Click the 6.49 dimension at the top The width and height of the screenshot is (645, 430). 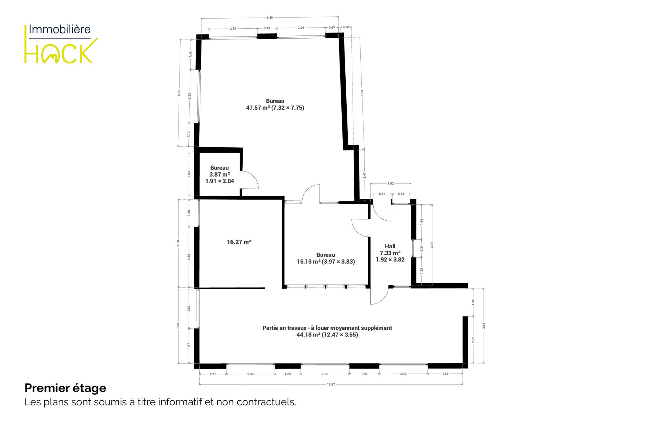tap(270, 18)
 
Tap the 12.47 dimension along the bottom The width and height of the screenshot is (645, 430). tap(331, 384)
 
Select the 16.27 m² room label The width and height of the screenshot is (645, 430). tap(239, 242)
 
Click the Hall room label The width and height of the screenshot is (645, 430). tap(390, 246)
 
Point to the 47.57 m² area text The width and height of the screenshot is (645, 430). tap(258, 107)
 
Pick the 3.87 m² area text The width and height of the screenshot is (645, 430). tap(219, 175)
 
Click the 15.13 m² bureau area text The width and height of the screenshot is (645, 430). tap(309, 262)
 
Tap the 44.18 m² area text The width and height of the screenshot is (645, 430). tap(308, 335)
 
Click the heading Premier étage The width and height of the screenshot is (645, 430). tap(65, 388)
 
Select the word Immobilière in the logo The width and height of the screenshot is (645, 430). tap(60, 29)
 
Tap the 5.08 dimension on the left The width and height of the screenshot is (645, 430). tap(179, 93)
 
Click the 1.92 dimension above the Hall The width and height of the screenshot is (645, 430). tap(391, 183)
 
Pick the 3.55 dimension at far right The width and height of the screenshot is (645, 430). tap(484, 326)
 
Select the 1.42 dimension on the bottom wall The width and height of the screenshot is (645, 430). tap(364, 374)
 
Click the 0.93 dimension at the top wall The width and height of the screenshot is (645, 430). tap(267, 28)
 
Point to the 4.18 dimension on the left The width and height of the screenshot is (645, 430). tap(178, 243)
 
